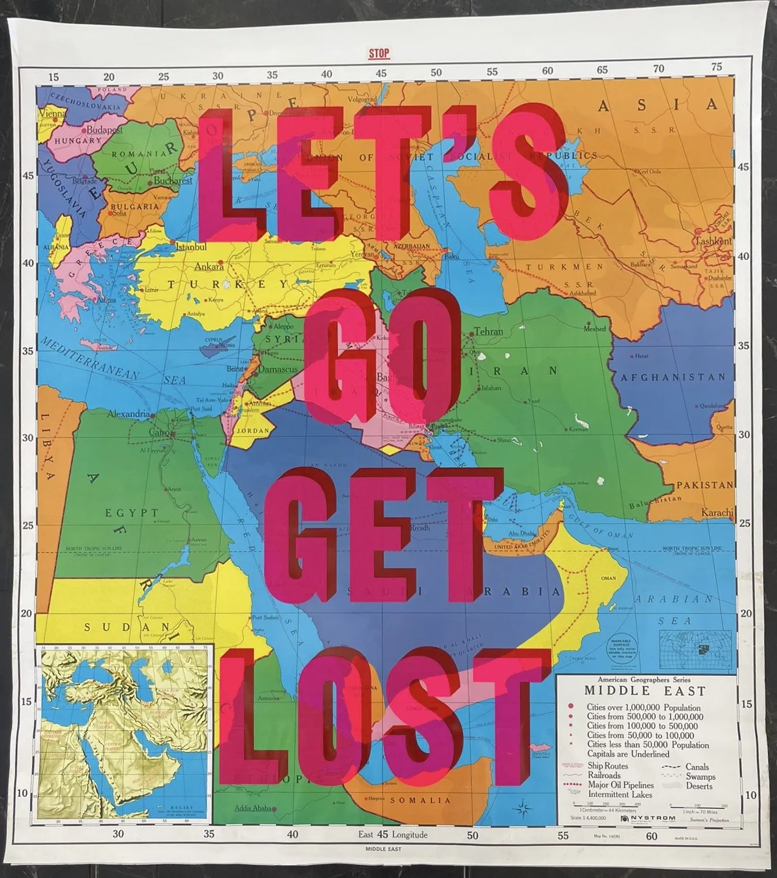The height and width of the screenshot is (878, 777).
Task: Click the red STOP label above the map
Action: (379, 54)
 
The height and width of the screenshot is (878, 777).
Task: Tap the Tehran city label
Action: (488, 331)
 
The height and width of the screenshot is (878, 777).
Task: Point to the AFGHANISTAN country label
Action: (673, 378)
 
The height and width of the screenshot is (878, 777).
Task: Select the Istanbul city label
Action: (191, 247)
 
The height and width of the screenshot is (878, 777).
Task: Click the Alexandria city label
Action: (128, 414)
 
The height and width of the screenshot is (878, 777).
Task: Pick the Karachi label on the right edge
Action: (717, 512)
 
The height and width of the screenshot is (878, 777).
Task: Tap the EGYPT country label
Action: (132, 513)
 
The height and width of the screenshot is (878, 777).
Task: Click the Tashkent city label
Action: (713, 241)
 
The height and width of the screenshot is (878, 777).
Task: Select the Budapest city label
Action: (104, 130)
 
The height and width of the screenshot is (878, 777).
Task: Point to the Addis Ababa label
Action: (253, 808)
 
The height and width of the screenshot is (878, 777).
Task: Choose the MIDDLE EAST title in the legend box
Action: (645, 690)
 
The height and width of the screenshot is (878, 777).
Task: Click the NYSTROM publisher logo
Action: (648, 818)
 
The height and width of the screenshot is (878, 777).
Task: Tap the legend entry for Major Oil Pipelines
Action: (620, 785)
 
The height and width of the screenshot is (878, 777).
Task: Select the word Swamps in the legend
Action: (700, 776)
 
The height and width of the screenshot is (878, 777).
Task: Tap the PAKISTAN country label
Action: (704, 485)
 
